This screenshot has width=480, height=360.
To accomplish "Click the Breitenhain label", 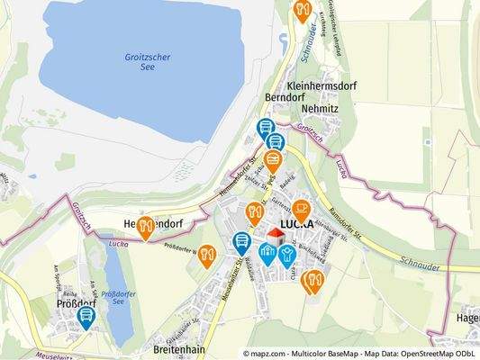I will coord(155,349).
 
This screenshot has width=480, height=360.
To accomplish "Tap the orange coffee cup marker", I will coord(299,211).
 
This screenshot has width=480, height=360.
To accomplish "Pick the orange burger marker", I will coord(274,160).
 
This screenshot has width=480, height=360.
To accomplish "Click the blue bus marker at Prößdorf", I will coord(86,316).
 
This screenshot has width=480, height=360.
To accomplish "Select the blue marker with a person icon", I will coord(287,255).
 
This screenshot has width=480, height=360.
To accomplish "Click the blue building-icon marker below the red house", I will coord(267,253).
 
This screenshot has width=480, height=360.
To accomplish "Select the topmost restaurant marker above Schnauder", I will coord(302,9).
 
